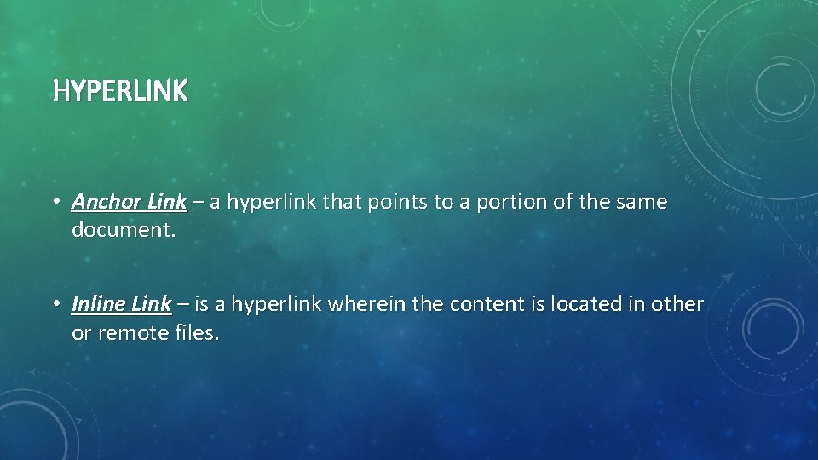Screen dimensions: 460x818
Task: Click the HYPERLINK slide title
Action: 120,91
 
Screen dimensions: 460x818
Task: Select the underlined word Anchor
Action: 107,203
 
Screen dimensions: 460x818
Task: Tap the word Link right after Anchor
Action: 167,203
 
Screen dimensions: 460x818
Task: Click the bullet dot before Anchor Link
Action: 55,203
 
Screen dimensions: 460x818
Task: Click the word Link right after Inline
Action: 153,304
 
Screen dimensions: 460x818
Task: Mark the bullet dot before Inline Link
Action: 55,304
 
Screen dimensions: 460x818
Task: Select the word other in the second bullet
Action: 677,304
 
